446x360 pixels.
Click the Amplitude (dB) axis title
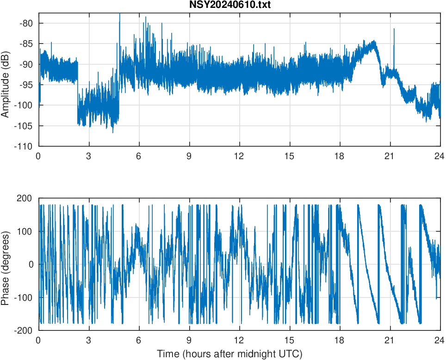[6, 80]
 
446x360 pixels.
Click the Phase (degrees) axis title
[6, 264]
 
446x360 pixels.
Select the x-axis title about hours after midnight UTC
[229, 354]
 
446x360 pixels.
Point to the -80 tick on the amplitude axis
[26, 23]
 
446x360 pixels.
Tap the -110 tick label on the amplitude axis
[25, 146]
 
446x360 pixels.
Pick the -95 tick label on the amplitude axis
[26, 85]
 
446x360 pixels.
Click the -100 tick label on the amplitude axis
[25, 106]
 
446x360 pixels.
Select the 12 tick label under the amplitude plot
[239, 156]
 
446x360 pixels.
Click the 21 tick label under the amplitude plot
[390, 156]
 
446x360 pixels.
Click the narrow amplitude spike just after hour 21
[394, 30]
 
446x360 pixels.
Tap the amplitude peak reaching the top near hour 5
[120, 15]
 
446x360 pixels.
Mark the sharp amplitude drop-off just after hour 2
[77, 93]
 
